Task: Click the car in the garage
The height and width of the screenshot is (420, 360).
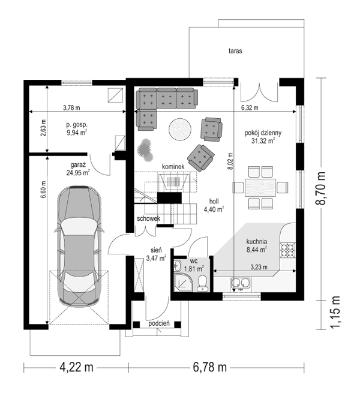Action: (79, 247)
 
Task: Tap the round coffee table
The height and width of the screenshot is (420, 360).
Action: (180, 129)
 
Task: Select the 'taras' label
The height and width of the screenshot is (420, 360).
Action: (235, 50)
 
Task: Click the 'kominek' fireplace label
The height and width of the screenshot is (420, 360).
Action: (173, 166)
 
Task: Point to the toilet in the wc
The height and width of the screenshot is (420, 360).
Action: (202, 283)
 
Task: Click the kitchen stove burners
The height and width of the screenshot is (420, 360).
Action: (287, 250)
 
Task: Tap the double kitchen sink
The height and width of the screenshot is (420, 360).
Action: (241, 283)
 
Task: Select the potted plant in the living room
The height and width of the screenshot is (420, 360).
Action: (145, 150)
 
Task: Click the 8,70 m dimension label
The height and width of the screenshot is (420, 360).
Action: (320, 188)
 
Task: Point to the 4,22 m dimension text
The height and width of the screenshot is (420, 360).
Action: (76, 367)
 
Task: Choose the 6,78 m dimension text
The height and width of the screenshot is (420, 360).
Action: (210, 367)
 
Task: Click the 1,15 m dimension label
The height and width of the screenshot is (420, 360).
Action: (335, 312)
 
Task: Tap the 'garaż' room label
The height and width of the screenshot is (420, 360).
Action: (78, 164)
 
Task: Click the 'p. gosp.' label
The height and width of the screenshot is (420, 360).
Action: (77, 125)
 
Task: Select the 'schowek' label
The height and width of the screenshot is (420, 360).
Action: (148, 218)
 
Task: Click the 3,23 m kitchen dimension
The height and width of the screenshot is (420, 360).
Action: (259, 267)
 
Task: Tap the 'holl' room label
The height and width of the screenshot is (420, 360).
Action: (214, 202)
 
